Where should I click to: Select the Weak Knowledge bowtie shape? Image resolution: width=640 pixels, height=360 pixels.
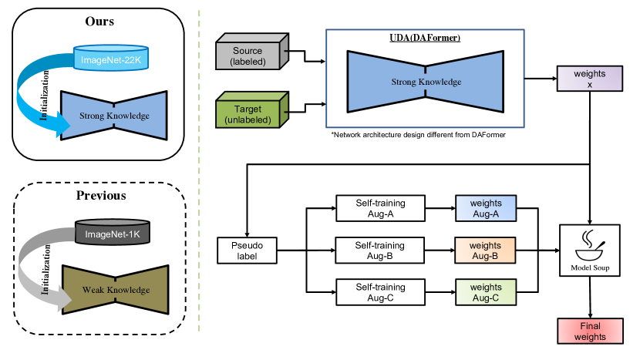point(113,291)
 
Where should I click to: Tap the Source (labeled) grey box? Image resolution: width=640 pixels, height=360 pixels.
point(252,56)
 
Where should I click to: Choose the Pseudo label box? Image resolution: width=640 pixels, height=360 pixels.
point(246,251)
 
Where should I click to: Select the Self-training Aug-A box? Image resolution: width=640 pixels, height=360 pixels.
point(381,208)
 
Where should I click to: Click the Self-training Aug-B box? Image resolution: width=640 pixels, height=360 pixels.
point(381,250)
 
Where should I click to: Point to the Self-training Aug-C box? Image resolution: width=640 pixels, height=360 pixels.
point(381,293)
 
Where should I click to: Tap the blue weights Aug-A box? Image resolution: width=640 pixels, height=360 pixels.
point(485,208)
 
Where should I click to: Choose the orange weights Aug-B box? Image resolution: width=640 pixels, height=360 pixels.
point(485,250)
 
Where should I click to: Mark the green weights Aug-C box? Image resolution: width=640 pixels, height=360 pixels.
point(485,293)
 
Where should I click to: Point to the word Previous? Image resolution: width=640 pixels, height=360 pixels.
point(100,195)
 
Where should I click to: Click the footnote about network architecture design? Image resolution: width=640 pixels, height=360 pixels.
point(418,135)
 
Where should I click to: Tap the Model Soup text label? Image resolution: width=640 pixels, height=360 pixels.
point(590,267)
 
